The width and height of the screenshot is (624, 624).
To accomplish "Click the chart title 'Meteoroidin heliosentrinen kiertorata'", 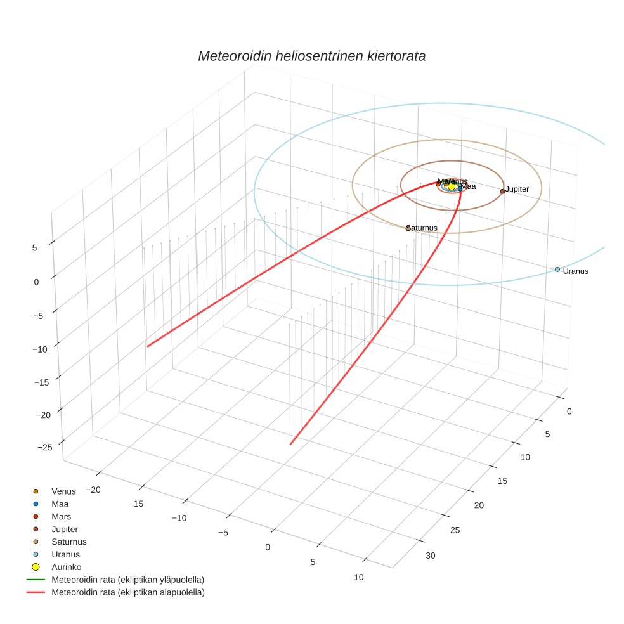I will point(311,56).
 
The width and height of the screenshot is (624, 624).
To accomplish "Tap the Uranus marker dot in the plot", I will point(557,270).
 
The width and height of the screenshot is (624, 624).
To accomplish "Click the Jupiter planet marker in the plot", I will point(502,191).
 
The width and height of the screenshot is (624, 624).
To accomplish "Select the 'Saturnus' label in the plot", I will point(422,228).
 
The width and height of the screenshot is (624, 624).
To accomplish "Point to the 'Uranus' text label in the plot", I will point(576,271).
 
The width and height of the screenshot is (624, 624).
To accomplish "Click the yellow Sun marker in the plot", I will point(452,186).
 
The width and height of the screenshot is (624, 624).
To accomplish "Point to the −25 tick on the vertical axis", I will point(44,448).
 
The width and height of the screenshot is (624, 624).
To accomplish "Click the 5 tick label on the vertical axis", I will point(34,248).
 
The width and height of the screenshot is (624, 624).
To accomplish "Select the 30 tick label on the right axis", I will point(431,556).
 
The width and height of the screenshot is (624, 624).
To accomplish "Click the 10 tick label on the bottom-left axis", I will point(359,577).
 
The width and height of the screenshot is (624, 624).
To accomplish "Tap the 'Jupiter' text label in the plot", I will point(517,190).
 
